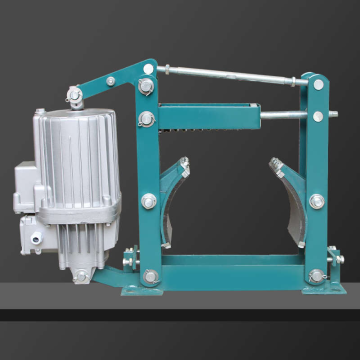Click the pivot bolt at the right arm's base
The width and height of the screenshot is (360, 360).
(x=317, y=275)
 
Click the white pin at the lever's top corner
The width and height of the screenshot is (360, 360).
(x=149, y=69)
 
